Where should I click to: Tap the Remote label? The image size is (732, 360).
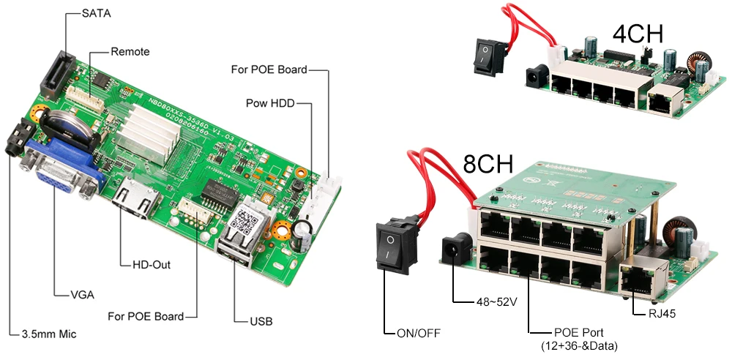[x=130, y=52]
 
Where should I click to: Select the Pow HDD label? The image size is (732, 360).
[x=270, y=104]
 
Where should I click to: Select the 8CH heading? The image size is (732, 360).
[x=488, y=165]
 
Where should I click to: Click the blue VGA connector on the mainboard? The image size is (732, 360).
[x=60, y=172]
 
